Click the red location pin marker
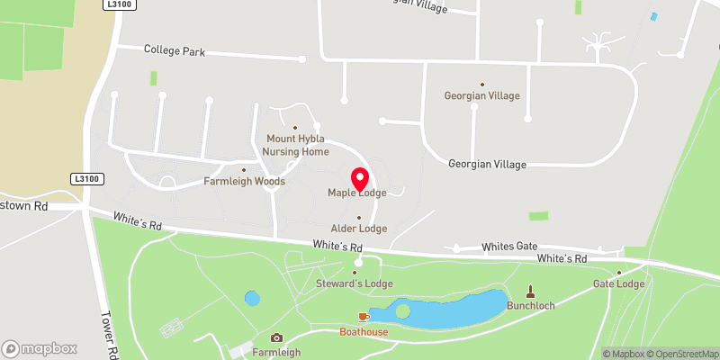pos(358,177)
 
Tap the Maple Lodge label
pos(356,193)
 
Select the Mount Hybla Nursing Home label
pos(296,145)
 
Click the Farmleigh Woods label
pos(245,181)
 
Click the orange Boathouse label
pos(364,332)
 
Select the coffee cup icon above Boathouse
pos(364,317)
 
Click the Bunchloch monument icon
pos(530,291)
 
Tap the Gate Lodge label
pos(618,284)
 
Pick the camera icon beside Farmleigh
pos(276,337)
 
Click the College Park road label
pos(175,51)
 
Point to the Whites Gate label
pos(508,246)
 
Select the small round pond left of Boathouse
pos(252,297)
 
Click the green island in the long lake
pos(402,310)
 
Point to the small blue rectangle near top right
pos(654,16)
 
